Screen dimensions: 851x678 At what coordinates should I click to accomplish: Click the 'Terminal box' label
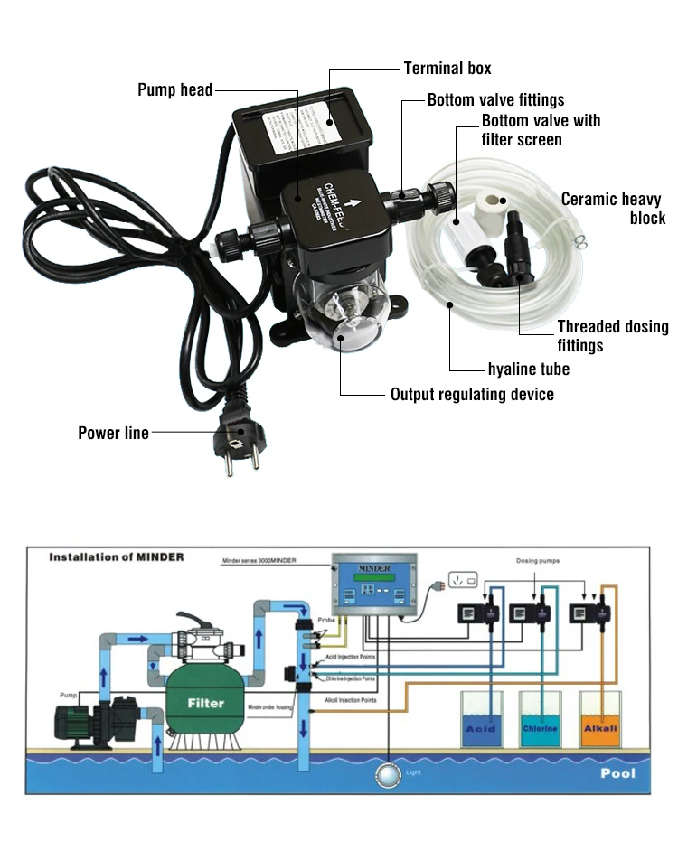447,69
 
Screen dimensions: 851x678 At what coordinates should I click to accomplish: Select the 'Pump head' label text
174,89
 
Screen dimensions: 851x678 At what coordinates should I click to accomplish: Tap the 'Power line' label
113,434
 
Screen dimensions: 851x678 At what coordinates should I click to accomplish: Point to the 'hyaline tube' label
529,369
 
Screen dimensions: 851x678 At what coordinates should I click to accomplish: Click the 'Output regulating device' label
472,395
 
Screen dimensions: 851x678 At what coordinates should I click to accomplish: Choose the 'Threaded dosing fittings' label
612,336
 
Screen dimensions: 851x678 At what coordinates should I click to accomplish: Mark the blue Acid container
479,720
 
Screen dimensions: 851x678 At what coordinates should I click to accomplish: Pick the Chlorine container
540,720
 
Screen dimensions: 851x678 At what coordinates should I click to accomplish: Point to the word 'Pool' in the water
617,773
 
